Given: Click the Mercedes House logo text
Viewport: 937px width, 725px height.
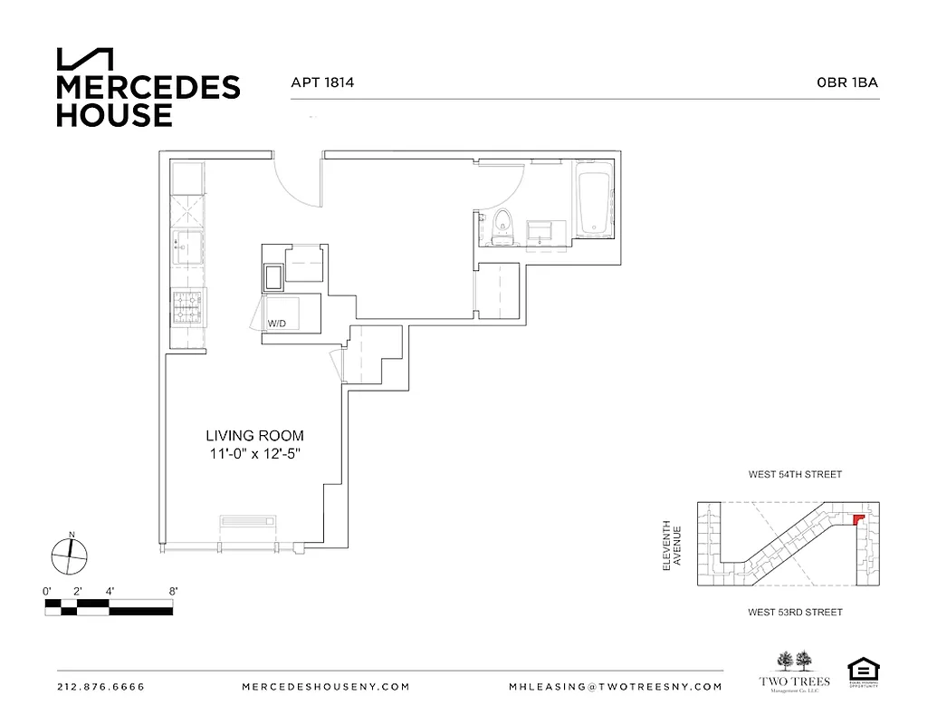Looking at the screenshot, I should (x=148, y=101).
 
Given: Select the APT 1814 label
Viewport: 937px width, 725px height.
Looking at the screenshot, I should (x=321, y=82).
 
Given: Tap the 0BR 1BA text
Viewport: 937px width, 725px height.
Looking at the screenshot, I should (x=847, y=82).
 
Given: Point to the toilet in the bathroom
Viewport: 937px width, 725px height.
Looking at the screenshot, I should (x=502, y=226).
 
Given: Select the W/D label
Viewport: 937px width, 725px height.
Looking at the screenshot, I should (x=275, y=324).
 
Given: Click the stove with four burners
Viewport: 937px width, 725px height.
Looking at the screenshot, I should (x=187, y=308).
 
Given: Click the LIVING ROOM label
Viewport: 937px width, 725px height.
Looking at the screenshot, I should (x=253, y=436).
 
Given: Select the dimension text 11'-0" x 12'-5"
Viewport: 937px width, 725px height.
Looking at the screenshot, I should (x=253, y=454).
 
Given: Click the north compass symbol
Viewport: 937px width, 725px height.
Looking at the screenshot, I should (x=69, y=555).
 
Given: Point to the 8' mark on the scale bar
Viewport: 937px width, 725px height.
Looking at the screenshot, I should (x=172, y=591).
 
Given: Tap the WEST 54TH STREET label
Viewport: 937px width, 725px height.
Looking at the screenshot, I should (x=795, y=475).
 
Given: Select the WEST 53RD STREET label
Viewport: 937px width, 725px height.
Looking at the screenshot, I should (x=795, y=613).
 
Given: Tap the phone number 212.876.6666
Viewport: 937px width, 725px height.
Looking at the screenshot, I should (x=100, y=687).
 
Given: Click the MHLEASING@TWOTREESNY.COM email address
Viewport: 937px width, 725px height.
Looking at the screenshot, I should (x=616, y=687).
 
